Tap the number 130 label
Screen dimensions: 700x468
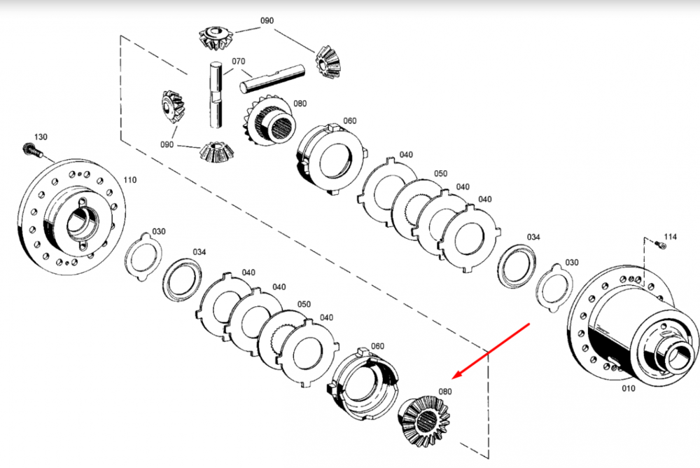tap(41, 137)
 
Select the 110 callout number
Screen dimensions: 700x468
tap(130, 180)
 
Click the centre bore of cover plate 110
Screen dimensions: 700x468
tap(82, 223)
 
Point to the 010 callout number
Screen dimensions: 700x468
tap(629, 388)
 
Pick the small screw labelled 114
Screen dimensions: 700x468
tap(660, 245)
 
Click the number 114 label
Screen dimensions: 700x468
tap(670, 237)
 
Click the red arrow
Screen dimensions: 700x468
tap(491, 351)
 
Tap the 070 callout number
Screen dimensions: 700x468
tap(238, 61)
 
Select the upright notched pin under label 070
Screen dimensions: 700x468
tap(216, 95)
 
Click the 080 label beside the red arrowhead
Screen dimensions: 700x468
tap(445, 392)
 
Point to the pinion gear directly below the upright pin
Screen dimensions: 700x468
tap(215, 153)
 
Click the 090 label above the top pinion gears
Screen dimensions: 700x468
tap(267, 20)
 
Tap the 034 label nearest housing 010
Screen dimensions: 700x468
tap(533, 237)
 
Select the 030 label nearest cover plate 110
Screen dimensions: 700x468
tap(159, 231)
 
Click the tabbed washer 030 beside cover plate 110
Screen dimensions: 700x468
tap(143, 256)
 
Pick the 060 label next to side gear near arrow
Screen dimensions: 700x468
tap(377, 346)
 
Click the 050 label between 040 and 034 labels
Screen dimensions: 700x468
tap(440, 174)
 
